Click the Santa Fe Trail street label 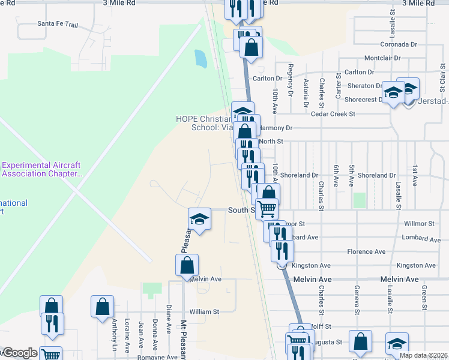(58, 24)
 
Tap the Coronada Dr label (399, 44)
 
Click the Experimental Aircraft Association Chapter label (42, 169)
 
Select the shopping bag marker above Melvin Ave (187, 265)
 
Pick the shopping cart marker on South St (266, 208)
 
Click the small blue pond (200, 58)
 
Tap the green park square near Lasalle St (360, 200)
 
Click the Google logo (19, 353)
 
